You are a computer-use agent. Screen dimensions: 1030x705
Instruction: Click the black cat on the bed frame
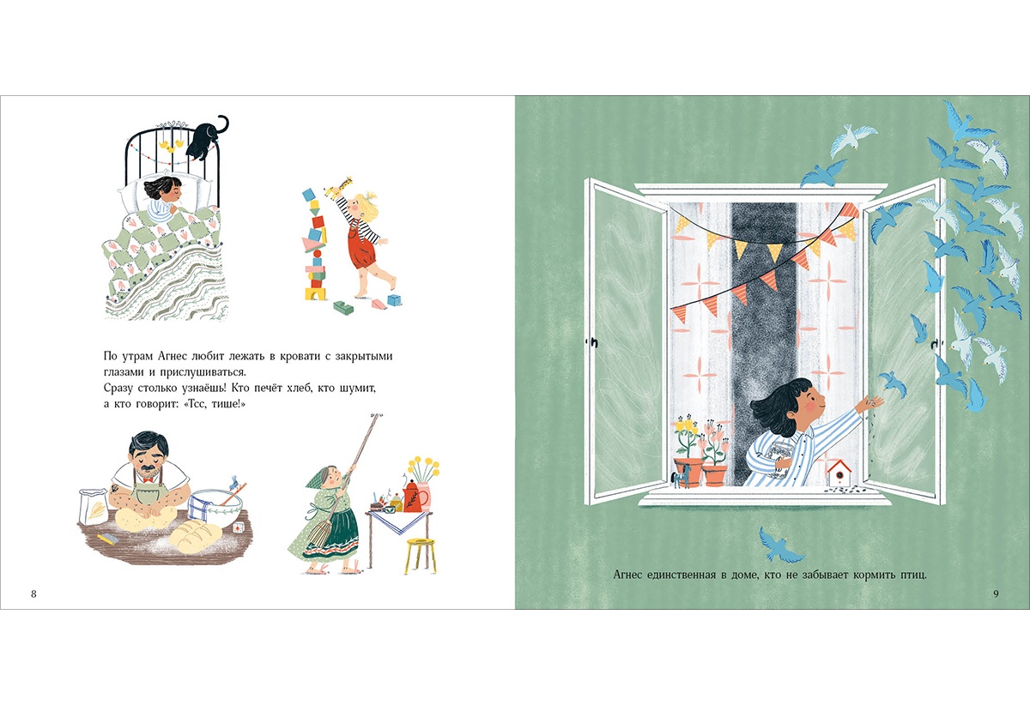click(204, 139)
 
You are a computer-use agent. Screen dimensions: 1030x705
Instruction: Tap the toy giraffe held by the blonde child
click(339, 187)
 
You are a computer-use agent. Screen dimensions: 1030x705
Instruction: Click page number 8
click(33, 594)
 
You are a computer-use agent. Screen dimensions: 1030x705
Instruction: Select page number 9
click(996, 594)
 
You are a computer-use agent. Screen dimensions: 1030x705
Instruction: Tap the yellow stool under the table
click(420, 556)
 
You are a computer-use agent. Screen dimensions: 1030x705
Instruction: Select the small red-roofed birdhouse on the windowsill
click(839, 473)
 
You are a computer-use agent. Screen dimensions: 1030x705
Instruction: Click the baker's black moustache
click(148, 469)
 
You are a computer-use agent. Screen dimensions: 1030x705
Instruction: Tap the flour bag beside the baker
click(94, 507)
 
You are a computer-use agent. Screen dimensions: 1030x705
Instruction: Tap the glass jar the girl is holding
click(782, 460)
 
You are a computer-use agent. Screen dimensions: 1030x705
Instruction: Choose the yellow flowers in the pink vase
click(423, 468)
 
